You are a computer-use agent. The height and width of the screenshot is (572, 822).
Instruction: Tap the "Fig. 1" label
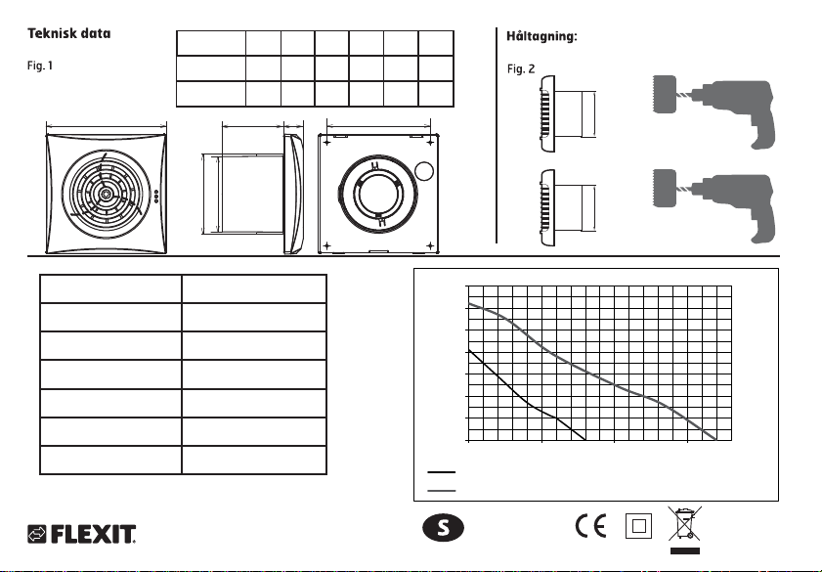point(38,70)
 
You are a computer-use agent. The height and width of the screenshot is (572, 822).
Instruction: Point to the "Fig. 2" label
point(521,70)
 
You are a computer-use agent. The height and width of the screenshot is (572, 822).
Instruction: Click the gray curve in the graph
point(606,380)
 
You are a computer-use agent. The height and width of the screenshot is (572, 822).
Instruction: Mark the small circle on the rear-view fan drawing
point(422,172)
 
